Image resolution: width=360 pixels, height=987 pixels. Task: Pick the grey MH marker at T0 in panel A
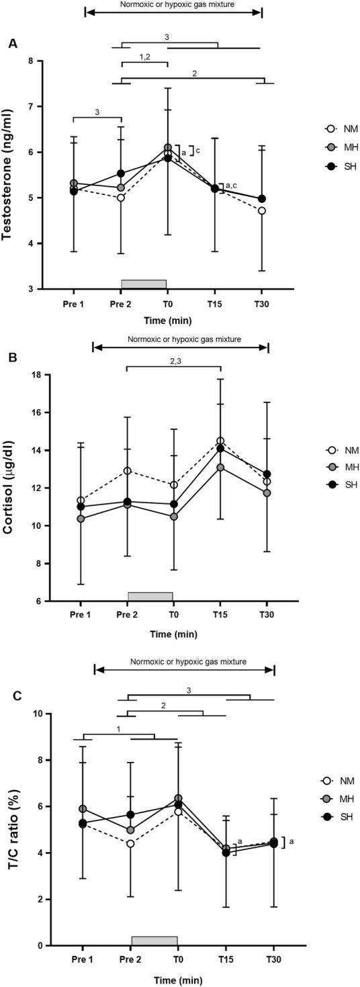(x=167, y=147)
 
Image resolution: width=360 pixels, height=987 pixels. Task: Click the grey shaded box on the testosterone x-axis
(x=144, y=284)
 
